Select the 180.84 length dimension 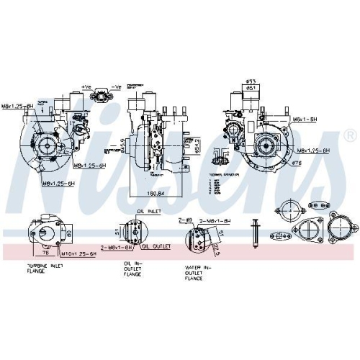pos(146,192)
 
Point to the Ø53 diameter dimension pos(251,82)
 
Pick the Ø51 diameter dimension pos(252,88)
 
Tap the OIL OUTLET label pos(156,246)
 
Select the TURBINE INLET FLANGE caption pos(45,271)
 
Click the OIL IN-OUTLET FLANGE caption pos(132,270)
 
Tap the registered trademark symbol pos(349,135)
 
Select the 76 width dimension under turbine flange pos(45,252)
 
